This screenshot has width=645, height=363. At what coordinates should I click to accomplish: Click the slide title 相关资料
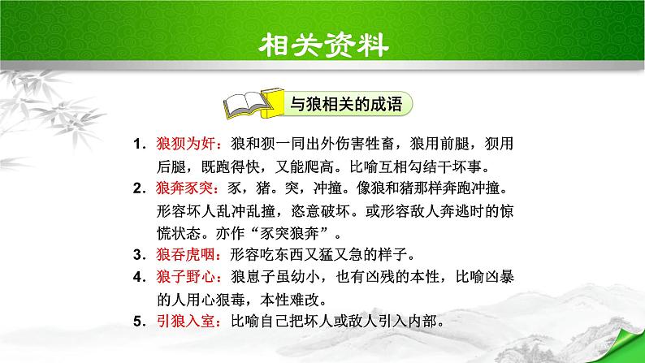click(322, 42)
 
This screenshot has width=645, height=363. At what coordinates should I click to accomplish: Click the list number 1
click(139, 145)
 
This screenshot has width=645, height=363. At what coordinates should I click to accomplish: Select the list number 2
click(139, 188)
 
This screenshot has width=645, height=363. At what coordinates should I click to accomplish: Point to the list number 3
click(139, 252)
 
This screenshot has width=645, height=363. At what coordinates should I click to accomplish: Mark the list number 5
click(139, 318)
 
